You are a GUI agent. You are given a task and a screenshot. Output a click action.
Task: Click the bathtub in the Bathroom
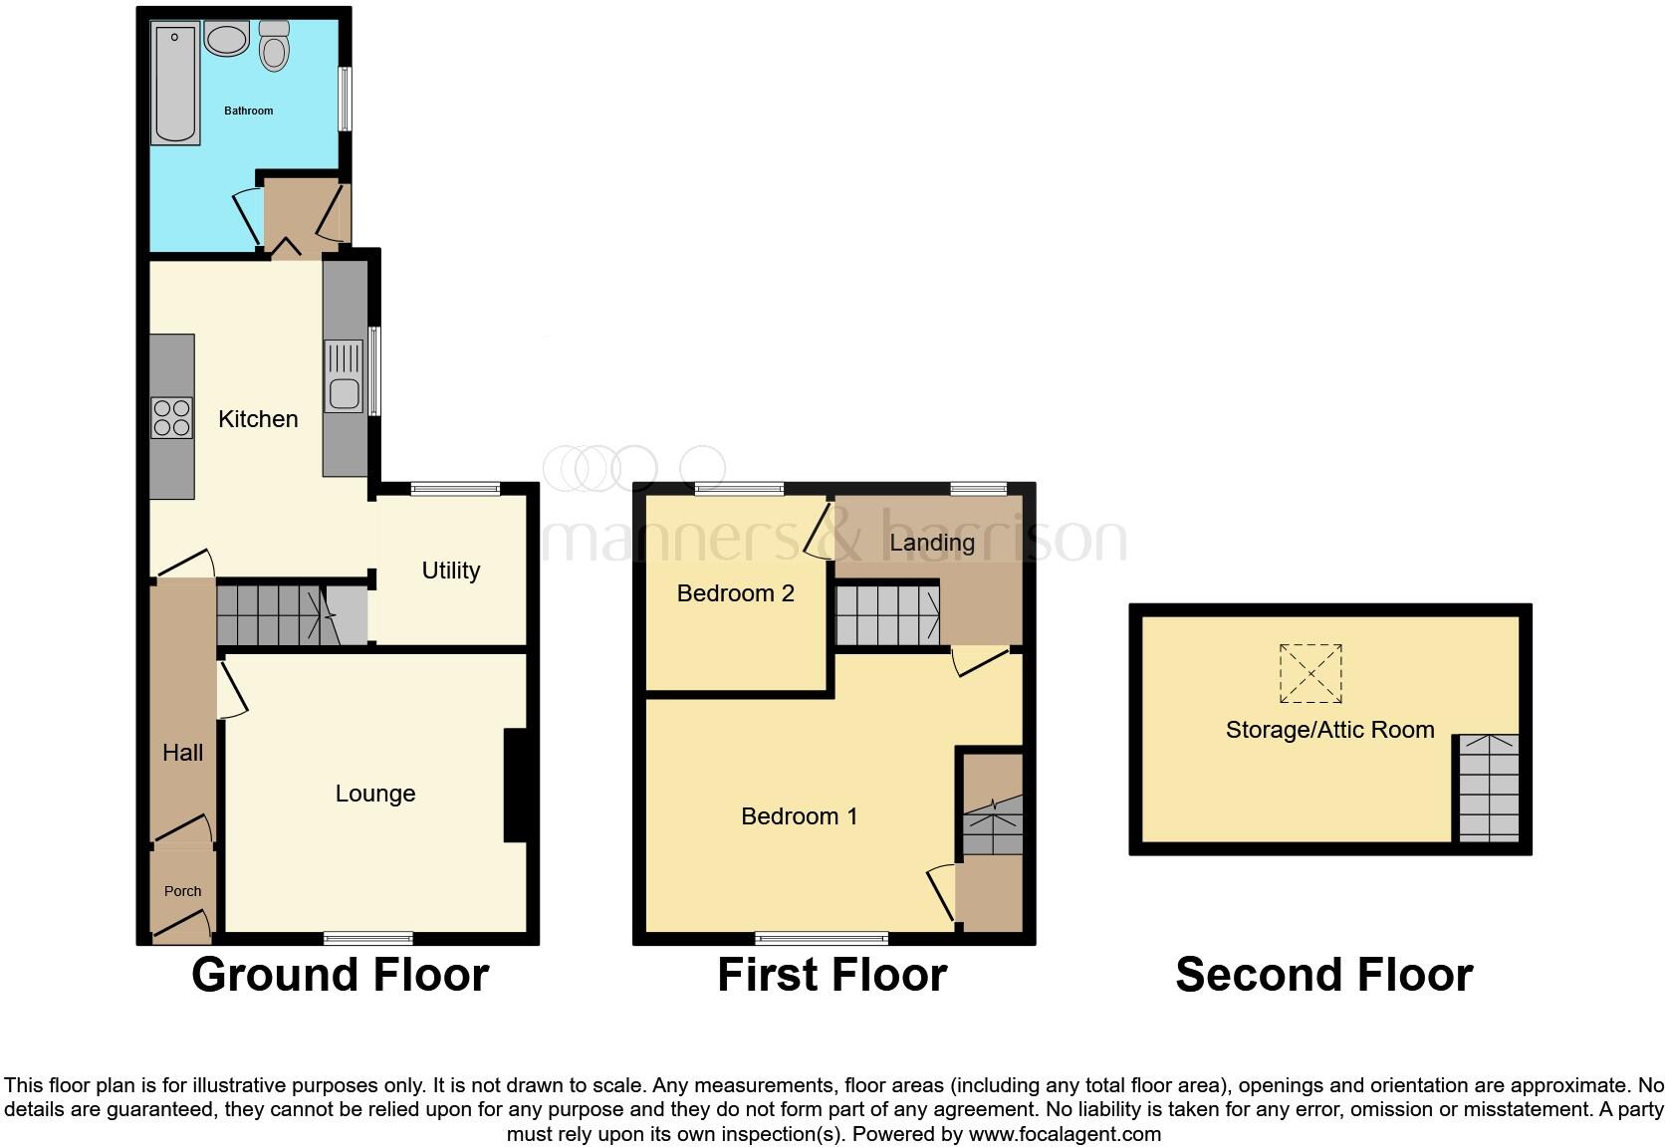(x=176, y=84)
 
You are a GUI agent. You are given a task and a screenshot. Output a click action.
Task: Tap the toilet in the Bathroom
(x=274, y=46)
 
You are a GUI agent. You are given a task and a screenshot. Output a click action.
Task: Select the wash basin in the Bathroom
(x=227, y=38)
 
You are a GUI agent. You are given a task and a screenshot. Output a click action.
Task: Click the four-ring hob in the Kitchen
(x=171, y=417)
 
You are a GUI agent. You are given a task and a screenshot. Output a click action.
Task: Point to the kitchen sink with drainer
(x=344, y=375)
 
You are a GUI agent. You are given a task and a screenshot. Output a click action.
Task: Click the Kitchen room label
(x=258, y=419)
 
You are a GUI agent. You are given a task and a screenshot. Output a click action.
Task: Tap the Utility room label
(x=450, y=571)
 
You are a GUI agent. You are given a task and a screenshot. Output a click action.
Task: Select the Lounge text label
(x=374, y=794)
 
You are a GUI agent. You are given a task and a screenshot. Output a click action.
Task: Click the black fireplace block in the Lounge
(x=515, y=786)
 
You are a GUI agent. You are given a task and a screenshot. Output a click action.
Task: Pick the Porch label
(x=182, y=891)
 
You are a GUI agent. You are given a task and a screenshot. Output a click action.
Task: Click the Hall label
(x=182, y=753)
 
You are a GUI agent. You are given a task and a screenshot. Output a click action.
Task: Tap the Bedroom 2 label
(x=735, y=593)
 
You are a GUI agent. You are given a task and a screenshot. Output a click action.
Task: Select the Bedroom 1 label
(x=799, y=816)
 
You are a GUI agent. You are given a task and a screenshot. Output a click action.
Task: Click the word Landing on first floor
(x=931, y=543)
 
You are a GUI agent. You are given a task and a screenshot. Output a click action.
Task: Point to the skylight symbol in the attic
(x=1310, y=674)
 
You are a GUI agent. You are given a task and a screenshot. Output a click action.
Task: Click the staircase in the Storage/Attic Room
(x=1489, y=788)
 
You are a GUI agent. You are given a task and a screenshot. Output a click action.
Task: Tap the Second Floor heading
(x=1323, y=975)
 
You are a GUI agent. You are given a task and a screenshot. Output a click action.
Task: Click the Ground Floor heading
(x=340, y=975)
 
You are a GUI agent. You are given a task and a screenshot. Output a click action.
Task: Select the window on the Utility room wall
(x=455, y=488)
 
